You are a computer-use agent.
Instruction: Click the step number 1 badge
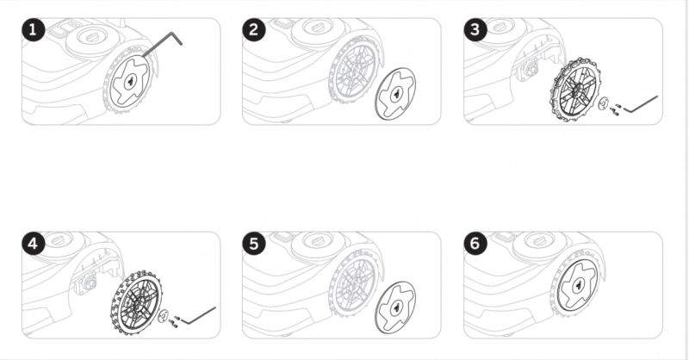34,30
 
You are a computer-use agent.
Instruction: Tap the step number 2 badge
254,30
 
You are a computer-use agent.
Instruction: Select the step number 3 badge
475,30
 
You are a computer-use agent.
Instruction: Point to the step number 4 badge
34,244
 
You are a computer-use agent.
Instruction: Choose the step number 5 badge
254,244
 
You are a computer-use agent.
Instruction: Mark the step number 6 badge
475,244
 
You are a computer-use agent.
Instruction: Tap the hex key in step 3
641,104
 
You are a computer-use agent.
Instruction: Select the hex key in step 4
199,315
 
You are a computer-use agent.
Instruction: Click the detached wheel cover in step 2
395,93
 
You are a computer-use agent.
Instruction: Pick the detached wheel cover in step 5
395,307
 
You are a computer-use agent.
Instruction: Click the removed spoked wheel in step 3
574,90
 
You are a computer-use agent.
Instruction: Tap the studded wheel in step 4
136,303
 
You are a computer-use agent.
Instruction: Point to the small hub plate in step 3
604,102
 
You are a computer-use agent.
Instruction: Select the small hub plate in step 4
163,316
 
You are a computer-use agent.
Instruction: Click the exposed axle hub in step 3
529,71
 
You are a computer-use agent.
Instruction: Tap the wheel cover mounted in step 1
130,81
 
